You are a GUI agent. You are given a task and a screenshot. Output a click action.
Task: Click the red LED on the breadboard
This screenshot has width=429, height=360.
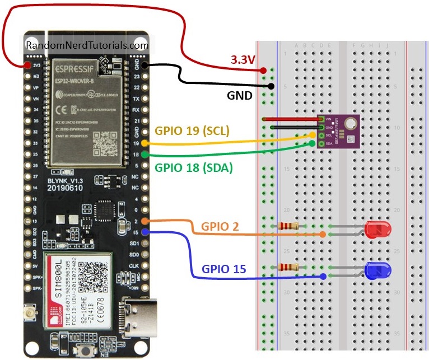click(377, 228)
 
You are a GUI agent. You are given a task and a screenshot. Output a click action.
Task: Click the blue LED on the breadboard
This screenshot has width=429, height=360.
click(377, 271)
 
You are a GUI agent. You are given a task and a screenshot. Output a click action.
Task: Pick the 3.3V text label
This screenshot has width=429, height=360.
click(244, 59)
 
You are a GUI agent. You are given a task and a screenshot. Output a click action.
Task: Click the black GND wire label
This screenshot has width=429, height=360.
click(239, 95)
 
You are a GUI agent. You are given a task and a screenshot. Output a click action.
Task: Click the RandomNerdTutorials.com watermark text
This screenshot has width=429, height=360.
click(87, 45)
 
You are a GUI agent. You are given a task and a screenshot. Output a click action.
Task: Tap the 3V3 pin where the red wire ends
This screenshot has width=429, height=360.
click(26, 65)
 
